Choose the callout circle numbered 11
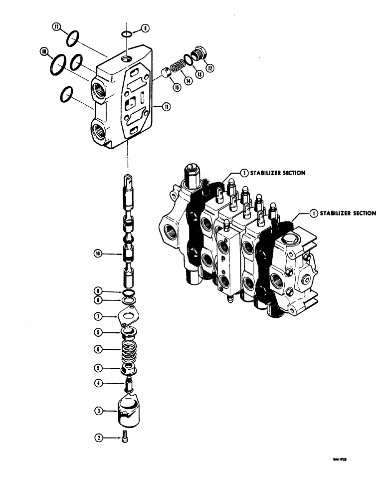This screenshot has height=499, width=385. tap(159, 106)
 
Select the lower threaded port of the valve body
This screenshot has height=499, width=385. tap(98, 132)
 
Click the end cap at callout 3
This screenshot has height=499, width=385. tap(129, 411)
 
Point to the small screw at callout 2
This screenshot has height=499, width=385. tap(124, 437)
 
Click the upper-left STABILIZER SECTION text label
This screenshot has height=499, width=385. tap(277, 173)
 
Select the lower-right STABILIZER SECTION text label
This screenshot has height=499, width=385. tap(347, 213)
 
